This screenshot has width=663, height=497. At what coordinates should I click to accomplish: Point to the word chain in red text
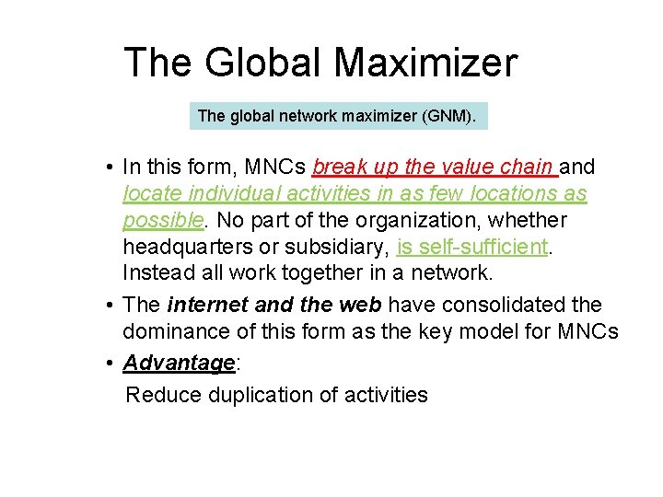click(526, 168)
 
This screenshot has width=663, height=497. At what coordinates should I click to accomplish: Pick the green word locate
click(152, 194)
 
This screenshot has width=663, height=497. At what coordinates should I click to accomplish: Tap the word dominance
click(183, 332)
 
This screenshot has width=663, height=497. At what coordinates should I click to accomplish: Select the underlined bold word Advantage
click(180, 364)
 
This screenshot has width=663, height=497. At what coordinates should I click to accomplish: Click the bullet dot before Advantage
click(109, 364)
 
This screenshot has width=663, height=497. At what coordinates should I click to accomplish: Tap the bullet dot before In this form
click(109, 168)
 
